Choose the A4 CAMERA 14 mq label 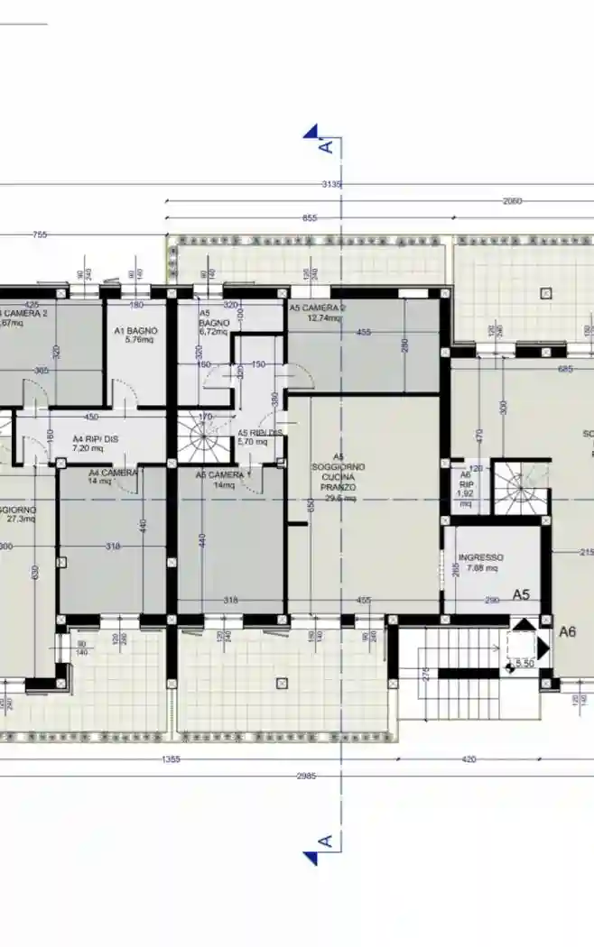coord(113,476)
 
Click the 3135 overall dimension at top coord(331,184)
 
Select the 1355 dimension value coord(171,759)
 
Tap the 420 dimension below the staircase coord(469,759)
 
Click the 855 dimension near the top coord(310,218)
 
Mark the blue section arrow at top coord(311,132)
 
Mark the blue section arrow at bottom coord(311,858)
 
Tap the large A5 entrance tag coord(522,594)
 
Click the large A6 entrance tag coord(567,632)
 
